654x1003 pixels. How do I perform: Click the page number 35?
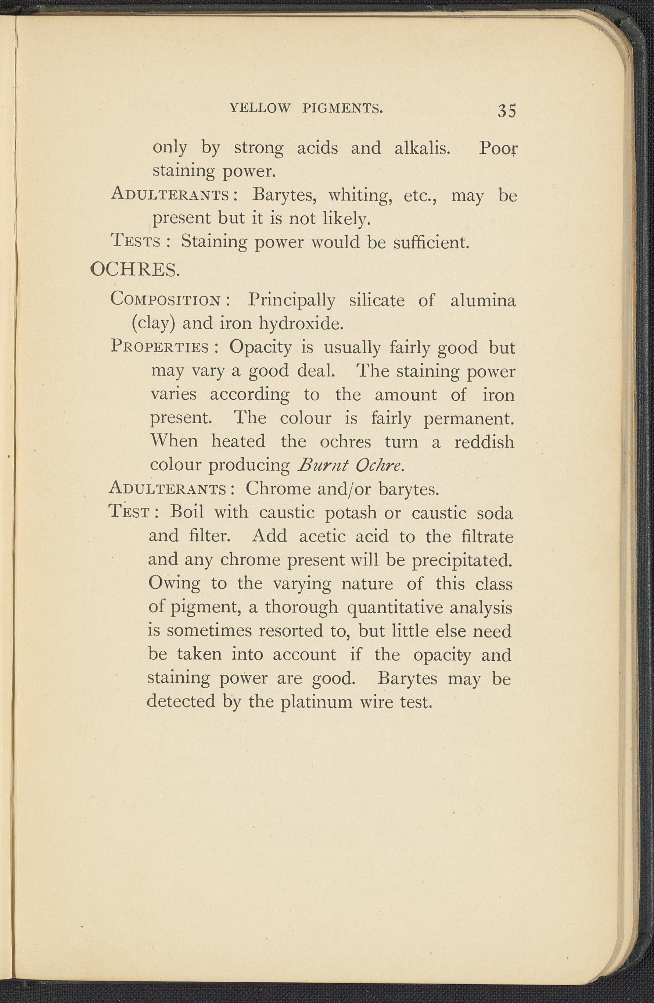[x=507, y=110]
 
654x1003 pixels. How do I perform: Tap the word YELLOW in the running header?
[x=260, y=109]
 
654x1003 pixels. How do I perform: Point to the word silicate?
[x=377, y=300]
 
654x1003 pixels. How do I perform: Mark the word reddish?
[x=484, y=442]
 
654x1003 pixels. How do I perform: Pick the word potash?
[x=359, y=513]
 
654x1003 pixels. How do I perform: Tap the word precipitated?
[x=462, y=560]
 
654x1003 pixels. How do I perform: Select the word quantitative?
[x=395, y=607]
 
